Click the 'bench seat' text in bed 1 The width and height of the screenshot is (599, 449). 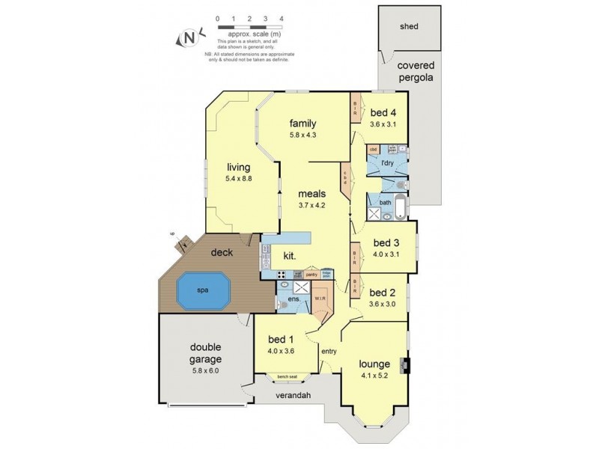(x=288, y=376)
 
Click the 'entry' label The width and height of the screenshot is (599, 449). (x=329, y=351)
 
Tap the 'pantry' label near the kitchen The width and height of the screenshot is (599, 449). (x=312, y=275)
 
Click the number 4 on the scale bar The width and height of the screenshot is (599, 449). (x=281, y=16)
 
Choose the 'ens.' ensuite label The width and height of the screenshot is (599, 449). (x=295, y=299)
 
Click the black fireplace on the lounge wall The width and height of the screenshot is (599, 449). (x=405, y=366)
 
